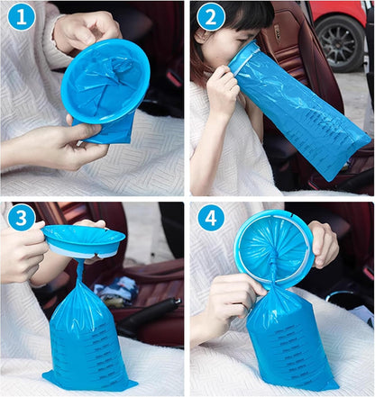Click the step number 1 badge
coord(22,17)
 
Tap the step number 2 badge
coord(210,17)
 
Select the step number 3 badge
coord(21,218)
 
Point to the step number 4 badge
coord(211,218)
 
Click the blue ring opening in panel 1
coord(105,81)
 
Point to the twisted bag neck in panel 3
coord(80,272)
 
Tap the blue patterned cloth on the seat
coord(115,290)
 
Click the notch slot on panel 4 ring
coord(292,215)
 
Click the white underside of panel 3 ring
coord(81,251)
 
